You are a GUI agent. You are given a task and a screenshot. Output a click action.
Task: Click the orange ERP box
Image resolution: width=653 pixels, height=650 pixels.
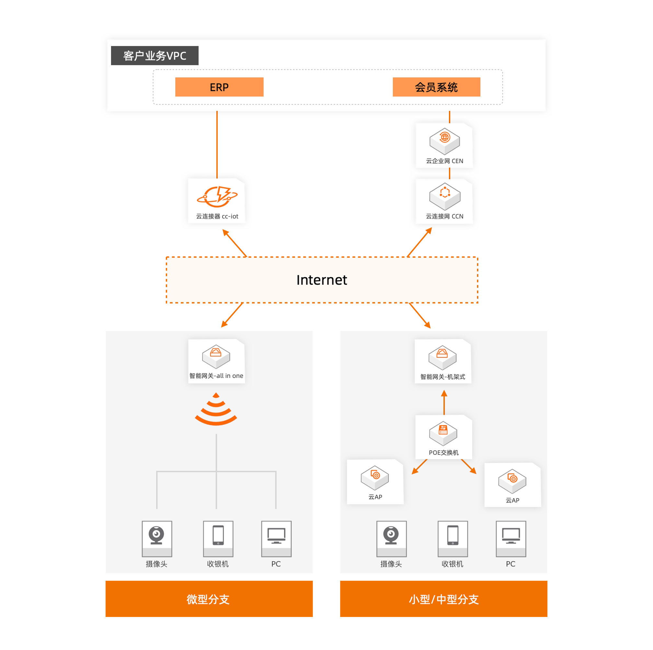pyautogui.click(x=219, y=87)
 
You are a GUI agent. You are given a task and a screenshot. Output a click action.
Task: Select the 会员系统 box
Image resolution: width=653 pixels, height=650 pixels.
pyautogui.click(x=436, y=87)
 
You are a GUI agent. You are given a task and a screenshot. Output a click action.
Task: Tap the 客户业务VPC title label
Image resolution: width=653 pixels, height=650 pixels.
pyautogui.click(x=155, y=55)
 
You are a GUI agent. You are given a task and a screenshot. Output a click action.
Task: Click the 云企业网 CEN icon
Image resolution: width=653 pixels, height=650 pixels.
pyautogui.click(x=444, y=140)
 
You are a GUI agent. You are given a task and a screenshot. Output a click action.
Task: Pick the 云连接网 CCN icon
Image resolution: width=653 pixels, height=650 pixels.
pyautogui.click(x=444, y=196)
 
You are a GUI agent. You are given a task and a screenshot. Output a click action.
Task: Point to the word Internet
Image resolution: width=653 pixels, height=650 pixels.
pyautogui.click(x=321, y=280)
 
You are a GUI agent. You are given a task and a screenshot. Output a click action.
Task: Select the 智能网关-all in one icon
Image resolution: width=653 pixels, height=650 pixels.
pyautogui.click(x=216, y=356)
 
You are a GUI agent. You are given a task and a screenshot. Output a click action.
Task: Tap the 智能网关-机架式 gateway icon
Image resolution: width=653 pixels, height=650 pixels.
pyautogui.click(x=442, y=357)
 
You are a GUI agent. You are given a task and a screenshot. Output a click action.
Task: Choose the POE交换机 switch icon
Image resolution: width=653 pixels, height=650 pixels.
pyautogui.click(x=443, y=433)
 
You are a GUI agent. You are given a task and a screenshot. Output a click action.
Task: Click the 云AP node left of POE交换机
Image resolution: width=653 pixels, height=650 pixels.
pyautogui.click(x=375, y=478)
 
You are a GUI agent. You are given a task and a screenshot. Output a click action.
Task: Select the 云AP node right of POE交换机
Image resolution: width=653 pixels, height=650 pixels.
pyautogui.click(x=512, y=481)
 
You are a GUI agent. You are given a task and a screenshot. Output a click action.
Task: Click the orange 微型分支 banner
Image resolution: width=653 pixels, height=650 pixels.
pyautogui.click(x=209, y=599)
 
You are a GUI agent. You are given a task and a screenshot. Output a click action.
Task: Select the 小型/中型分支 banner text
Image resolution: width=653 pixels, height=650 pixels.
pyautogui.click(x=443, y=599)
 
